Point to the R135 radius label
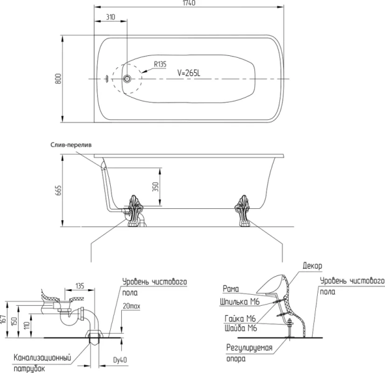tap(160, 64)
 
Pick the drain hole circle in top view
tap(128, 79)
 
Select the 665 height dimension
tap(58, 190)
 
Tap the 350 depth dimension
tap(156, 186)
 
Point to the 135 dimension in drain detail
tap(80, 286)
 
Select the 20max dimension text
tap(131, 306)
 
